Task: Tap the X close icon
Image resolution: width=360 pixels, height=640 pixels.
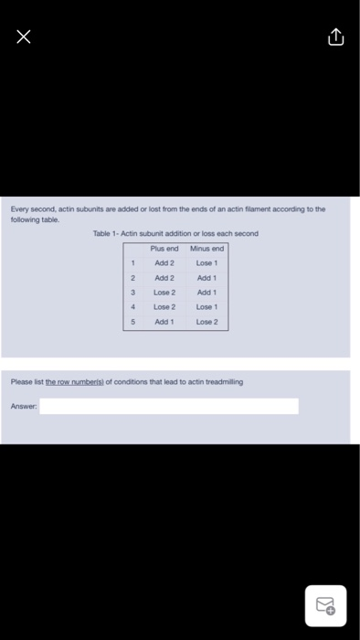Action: pos(24,37)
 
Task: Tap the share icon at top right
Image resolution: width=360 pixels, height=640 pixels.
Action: pos(335,37)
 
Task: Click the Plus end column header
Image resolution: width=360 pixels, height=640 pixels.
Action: pos(164,249)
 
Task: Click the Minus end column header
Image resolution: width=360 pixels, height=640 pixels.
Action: pos(206,249)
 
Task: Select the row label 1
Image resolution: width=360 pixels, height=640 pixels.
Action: pos(132,263)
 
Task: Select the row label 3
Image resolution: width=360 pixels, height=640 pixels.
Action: pos(132,293)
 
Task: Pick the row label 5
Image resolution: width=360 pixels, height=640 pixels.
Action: pos(132,322)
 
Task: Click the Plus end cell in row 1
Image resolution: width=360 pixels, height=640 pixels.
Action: pos(164,263)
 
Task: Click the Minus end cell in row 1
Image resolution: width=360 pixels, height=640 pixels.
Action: pos(206,263)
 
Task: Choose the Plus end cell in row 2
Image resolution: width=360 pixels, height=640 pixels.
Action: pos(164,278)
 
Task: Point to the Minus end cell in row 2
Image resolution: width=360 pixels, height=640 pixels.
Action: pos(206,278)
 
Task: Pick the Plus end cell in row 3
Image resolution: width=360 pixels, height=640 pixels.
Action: pos(164,293)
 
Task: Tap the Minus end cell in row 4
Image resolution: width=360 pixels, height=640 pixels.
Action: pos(206,307)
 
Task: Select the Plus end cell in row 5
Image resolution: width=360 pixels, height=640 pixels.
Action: pos(164,322)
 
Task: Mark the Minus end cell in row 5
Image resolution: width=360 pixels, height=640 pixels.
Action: pos(206,322)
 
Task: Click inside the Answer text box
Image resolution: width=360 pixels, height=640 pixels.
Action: pos(169,406)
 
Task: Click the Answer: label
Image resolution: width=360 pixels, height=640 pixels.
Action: pos(23,406)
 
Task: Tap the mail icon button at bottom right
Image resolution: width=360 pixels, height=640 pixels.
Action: pos(326,605)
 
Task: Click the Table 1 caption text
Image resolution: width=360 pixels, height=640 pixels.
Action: pos(175,234)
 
